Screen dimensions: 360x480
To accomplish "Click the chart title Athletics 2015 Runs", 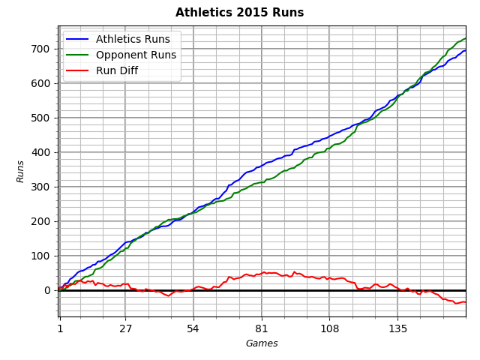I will pos(239,13).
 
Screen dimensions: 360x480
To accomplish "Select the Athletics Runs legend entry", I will pos(133,39).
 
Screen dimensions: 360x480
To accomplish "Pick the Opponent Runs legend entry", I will pos(136,55).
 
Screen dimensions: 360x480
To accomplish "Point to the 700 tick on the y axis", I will pos(40,49).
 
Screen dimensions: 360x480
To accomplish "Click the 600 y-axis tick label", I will pos(40,83).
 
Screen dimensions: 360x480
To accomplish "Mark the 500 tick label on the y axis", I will pos(40,118).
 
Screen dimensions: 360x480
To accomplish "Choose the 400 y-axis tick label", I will pos(40,152).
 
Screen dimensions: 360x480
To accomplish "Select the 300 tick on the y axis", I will pos(40,187).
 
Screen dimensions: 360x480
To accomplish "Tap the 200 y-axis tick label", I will pos(40,221).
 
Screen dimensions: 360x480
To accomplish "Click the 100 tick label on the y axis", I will pos(40,256).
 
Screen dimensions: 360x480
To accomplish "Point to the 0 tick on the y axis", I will pos(46,290).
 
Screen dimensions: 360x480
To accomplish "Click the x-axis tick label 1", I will pos(60,328).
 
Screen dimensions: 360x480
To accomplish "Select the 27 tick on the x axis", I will pos(125,328).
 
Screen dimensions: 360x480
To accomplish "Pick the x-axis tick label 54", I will pos(193,328).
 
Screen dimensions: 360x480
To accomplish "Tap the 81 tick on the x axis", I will pos(261,328).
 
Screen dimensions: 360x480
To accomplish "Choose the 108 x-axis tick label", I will pos(329,328).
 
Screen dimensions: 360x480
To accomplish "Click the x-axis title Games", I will pos(262,343).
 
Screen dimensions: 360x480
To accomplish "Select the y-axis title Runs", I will pos(21,171).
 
